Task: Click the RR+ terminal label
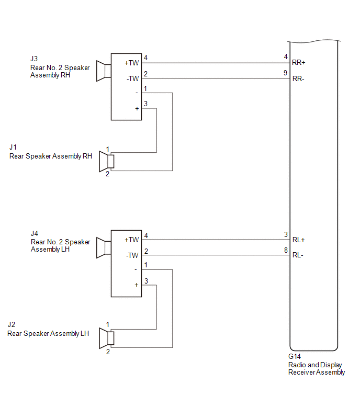click(x=299, y=62)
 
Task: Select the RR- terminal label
click(x=298, y=79)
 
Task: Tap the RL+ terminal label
click(x=299, y=240)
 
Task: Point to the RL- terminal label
click(x=298, y=255)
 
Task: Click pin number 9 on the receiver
click(x=285, y=73)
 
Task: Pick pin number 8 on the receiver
click(x=286, y=250)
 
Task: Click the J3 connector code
click(x=34, y=59)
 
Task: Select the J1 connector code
click(x=13, y=147)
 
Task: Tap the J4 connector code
click(x=35, y=233)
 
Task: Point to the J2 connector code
click(x=12, y=324)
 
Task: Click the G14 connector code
click(x=295, y=356)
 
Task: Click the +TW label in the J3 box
click(x=132, y=63)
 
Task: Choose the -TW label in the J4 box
click(x=132, y=255)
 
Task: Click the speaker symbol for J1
click(x=107, y=162)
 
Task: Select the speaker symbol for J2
click(x=107, y=338)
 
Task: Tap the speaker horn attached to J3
click(x=104, y=71)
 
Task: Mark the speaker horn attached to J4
click(x=104, y=247)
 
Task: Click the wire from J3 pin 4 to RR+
click(x=216, y=63)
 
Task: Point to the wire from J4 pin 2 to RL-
click(x=216, y=255)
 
